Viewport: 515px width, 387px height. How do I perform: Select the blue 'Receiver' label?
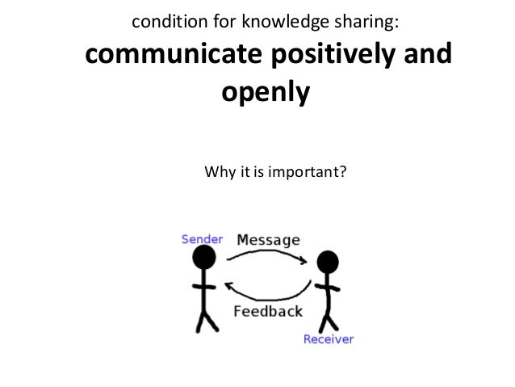point(328,339)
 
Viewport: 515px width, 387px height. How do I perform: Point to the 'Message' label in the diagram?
point(267,240)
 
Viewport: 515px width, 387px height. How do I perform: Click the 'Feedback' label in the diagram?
point(267,311)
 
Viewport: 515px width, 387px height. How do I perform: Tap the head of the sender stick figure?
point(205,259)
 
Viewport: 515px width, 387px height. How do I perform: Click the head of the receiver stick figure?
point(327,262)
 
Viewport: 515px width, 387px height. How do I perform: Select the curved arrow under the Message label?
point(266,257)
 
